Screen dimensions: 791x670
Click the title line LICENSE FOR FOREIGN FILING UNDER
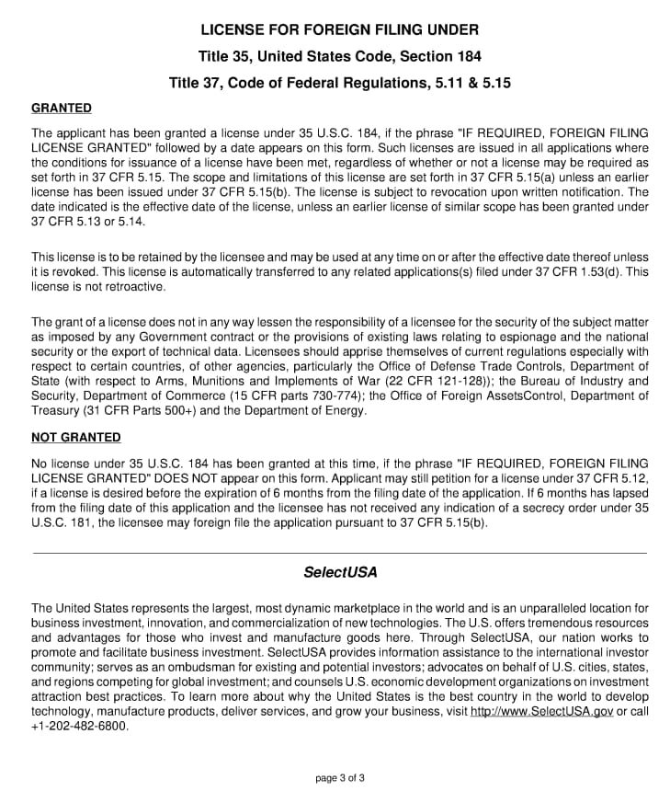coord(339,29)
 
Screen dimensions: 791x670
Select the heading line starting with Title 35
coord(339,56)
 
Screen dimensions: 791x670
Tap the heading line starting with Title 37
coord(339,83)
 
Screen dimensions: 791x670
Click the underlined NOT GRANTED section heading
coord(75,437)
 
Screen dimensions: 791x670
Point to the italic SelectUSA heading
coord(339,572)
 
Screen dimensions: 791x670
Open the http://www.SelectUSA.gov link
coord(541,712)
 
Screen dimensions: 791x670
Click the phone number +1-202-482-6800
coord(80,725)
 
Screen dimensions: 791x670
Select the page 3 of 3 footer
coord(339,778)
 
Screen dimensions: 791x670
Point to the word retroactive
coord(134,286)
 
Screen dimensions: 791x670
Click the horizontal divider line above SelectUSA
coord(339,553)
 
